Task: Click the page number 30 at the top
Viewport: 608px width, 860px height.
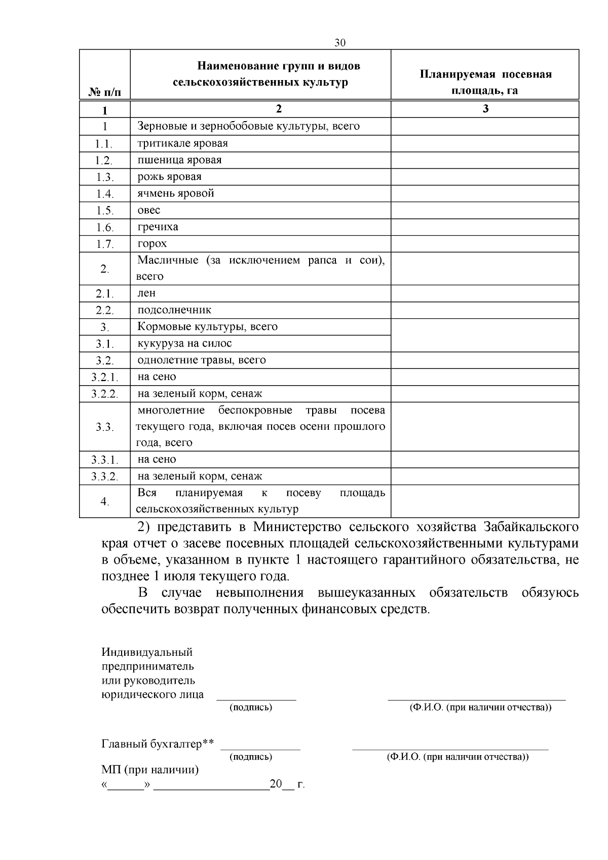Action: tap(340, 43)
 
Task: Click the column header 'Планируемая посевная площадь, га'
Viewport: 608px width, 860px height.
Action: tap(485, 82)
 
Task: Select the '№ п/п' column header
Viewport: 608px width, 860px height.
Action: tap(105, 92)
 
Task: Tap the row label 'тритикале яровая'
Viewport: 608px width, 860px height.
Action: tap(183, 143)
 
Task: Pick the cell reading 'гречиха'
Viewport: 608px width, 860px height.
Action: tap(158, 227)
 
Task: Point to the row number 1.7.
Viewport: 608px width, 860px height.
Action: tap(105, 244)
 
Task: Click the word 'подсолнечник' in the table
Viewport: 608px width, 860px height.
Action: tap(174, 310)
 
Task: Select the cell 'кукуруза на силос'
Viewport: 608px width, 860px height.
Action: tap(184, 344)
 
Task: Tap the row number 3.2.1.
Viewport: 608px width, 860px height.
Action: tap(105, 378)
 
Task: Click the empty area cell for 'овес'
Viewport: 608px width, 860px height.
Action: tap(484, 210)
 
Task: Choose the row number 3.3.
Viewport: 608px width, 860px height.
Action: tap(105, 427)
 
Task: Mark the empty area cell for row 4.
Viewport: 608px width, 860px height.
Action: tap(484, 501)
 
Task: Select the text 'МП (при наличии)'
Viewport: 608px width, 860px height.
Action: tap(150, 770)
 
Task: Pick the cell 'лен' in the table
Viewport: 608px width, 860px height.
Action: tap(147, 293)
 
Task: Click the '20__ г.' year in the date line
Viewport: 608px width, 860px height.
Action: tap(287, 784)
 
